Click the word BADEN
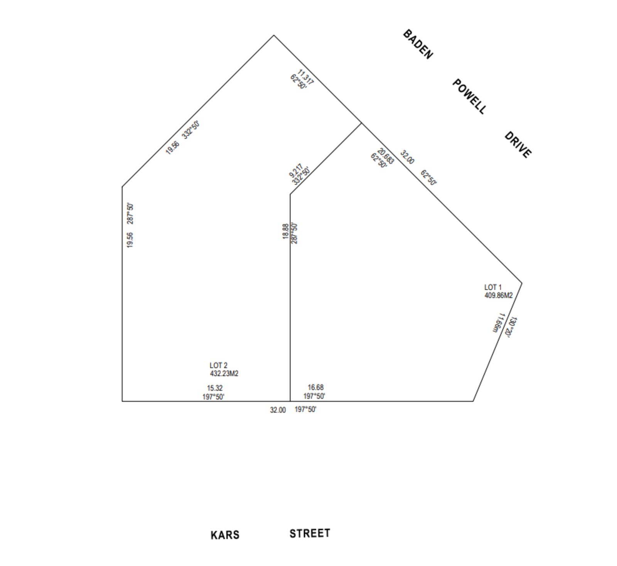(418, 44)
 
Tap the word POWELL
(469, 96)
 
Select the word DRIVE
(518, 145)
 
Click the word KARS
(225, 535)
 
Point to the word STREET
(310, 533)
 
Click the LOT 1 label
(493, 287)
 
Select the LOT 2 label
(218, 365)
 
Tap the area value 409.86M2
(498, 296)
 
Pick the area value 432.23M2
(224, 373)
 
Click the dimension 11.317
(306, 77)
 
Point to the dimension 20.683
(386, 156)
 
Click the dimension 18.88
(285, 231)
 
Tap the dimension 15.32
(214, 388)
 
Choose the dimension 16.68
(315, 387)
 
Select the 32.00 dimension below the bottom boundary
(278, 410)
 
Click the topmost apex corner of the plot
(274, 35)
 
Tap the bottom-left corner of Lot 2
(122, 401)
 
